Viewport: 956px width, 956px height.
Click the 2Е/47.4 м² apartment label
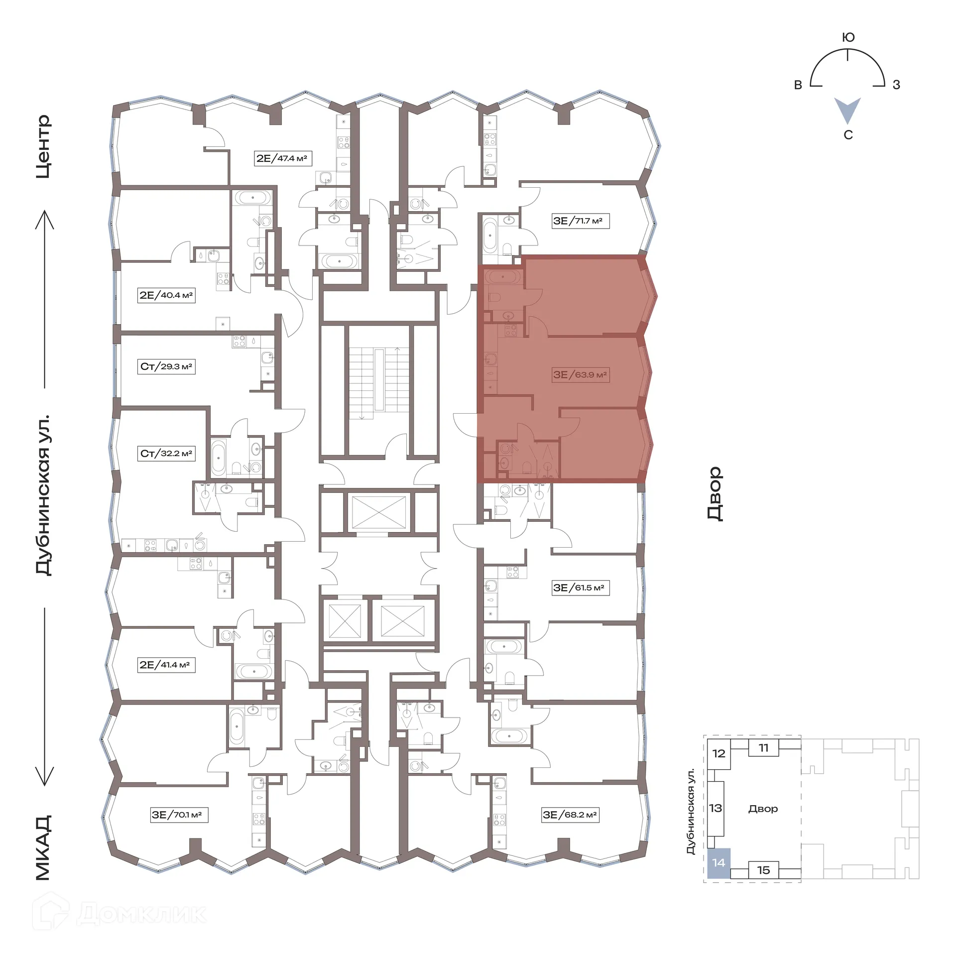[x=282, y=158]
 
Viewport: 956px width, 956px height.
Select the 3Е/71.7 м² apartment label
[x=580, y=221]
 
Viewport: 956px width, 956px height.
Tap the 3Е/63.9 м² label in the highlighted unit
[x=580, y=374]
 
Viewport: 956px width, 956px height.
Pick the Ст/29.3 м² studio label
[x=166, y=366]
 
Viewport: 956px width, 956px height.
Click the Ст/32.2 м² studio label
[x=166, y=454]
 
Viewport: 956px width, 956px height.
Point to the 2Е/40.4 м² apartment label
[x=166, y=295]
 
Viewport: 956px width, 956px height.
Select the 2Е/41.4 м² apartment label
[x=166, y=665]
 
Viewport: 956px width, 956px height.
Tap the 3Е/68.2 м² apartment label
[x=570, y=815]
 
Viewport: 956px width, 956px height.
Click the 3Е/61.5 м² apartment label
[x=580, y=588]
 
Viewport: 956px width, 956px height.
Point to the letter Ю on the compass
[x=848, y=37]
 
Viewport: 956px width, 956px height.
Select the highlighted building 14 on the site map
[x=718, y=863]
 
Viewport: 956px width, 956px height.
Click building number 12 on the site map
[x=718, y=753]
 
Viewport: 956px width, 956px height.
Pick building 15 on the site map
[x=763, y=870]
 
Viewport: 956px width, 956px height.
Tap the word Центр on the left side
[x=44, y=146]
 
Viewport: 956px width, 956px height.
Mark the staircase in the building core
[x=379, y=379]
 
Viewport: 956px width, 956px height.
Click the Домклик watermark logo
[x=119, y=913]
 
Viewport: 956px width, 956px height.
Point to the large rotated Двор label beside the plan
[x=715, y=493]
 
